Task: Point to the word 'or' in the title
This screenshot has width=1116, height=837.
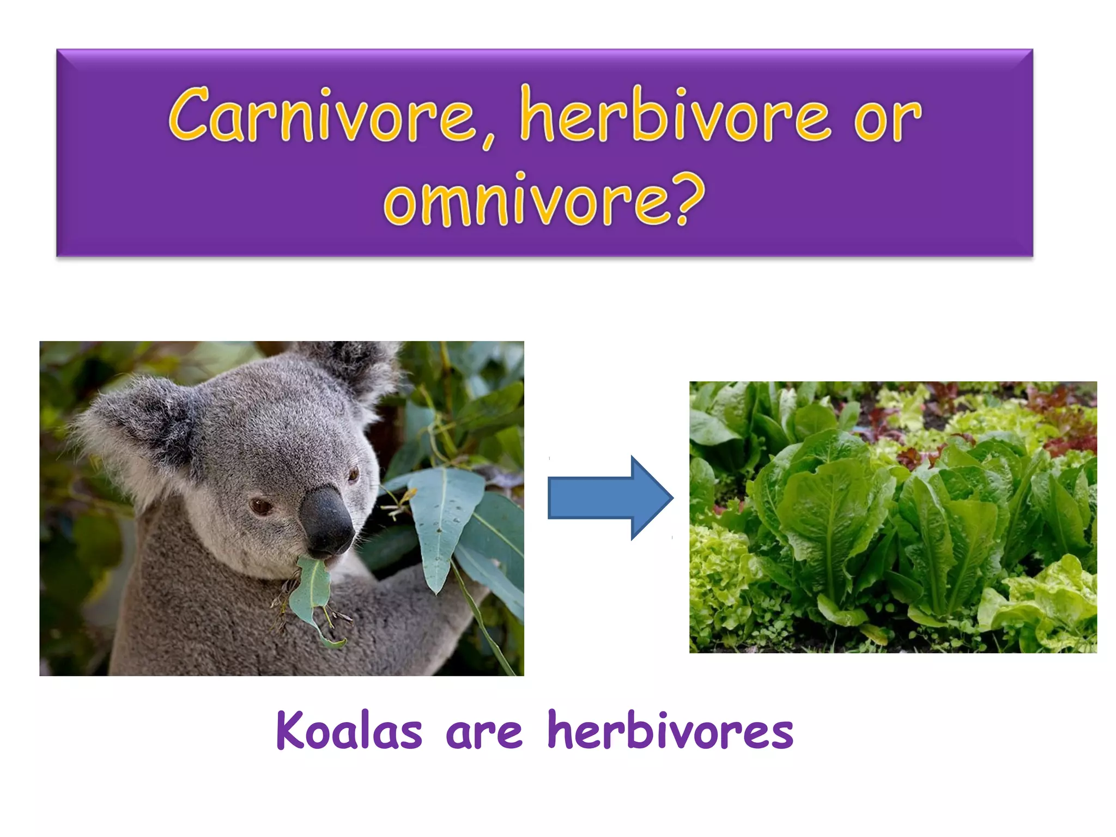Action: coord(887,117)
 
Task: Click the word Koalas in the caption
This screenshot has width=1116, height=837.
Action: coord(349,731)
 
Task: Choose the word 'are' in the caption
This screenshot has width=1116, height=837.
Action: coord(484,733)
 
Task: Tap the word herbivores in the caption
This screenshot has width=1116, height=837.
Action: coord(670,731)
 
